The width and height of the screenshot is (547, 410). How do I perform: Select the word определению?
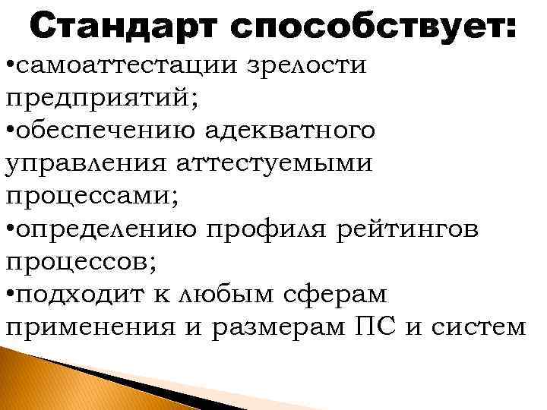point(106,229)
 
